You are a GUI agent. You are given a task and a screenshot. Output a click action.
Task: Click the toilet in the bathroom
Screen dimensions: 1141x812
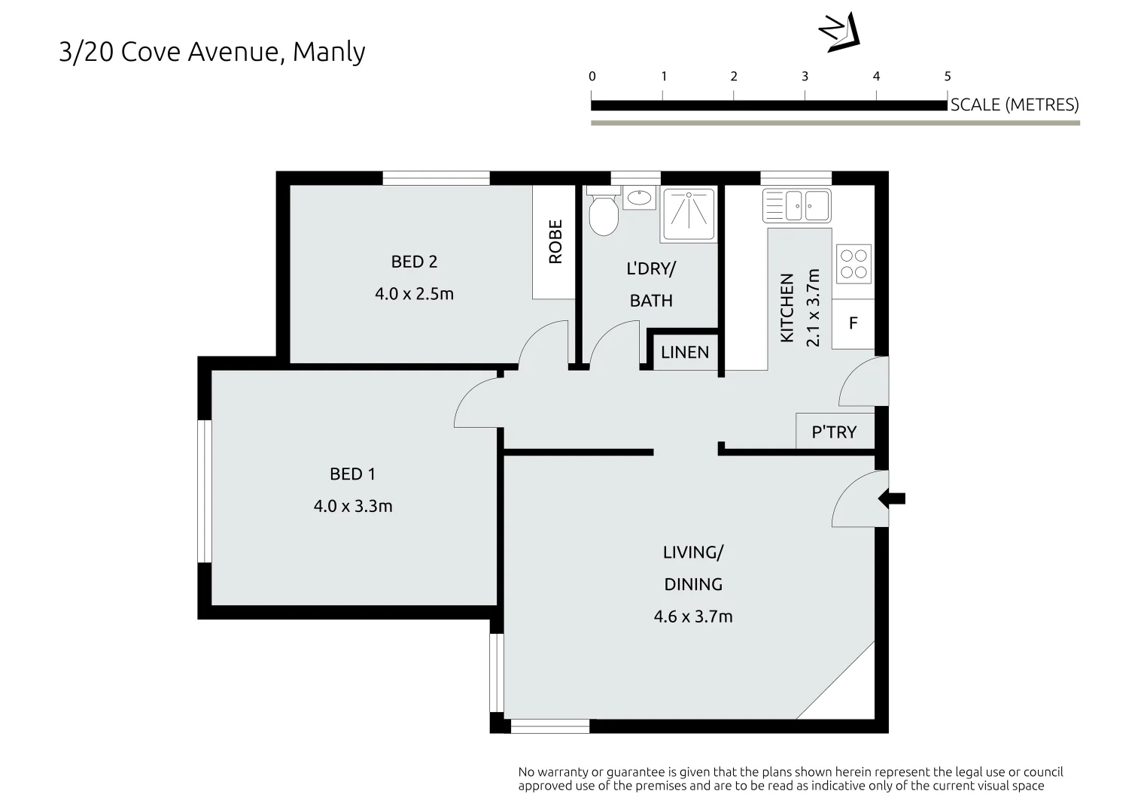pyautogui.click(x=604, y=211)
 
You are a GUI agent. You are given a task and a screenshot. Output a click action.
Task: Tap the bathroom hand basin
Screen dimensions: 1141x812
pyautogui.click(x=639, y=198)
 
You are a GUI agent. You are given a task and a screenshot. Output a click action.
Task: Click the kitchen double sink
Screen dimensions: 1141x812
pyautogui.click(x=796, y=205)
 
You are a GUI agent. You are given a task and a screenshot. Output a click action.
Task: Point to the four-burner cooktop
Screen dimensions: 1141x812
pyautogui.click(x=853, y=265)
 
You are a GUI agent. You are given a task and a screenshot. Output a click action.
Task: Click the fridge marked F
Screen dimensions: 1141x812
pyautogui.click(x=853, y=323)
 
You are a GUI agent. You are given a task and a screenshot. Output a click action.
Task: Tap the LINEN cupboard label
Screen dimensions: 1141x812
pyautogui.click(x=685, y=352)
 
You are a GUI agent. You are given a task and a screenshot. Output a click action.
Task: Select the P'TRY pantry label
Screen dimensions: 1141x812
pyautogui.click(x=834, y=432)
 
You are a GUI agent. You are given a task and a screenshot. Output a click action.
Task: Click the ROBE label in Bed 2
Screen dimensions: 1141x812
pyautogui.click(x=555, y=241)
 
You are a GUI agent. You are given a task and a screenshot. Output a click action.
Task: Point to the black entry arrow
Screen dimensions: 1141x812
pyautogui.click(x=891, y=498)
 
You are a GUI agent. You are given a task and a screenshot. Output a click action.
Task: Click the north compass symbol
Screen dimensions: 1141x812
pyautogui.click(x=839, y=32)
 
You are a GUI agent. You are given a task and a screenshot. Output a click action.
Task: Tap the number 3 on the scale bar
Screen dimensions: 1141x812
pyautogui.click(x=805, y=77)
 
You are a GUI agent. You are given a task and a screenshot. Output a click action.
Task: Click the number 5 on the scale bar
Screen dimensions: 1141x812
pyautogui.click(x=948, y=77)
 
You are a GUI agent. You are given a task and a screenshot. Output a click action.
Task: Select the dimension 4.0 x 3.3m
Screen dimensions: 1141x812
pyautogui.click(x=353, y=506)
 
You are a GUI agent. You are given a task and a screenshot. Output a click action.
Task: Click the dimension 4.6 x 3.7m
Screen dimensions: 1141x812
pyautogui.click(x=693, y=617)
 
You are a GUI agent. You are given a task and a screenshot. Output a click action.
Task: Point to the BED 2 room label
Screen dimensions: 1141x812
pyautogui.click(x=414, y=262)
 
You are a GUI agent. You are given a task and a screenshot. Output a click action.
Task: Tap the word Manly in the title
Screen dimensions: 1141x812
pyautogui.click(x=329, y=53)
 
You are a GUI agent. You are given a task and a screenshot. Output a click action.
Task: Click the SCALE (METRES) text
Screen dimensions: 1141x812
pyautogui.click(x=1015, y=105)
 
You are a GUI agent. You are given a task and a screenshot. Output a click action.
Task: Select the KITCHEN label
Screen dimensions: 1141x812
pyautogui.click(x=787, y=308)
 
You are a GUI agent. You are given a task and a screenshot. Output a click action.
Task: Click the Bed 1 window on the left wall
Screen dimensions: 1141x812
pyautogui.click(x=204, y=492)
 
